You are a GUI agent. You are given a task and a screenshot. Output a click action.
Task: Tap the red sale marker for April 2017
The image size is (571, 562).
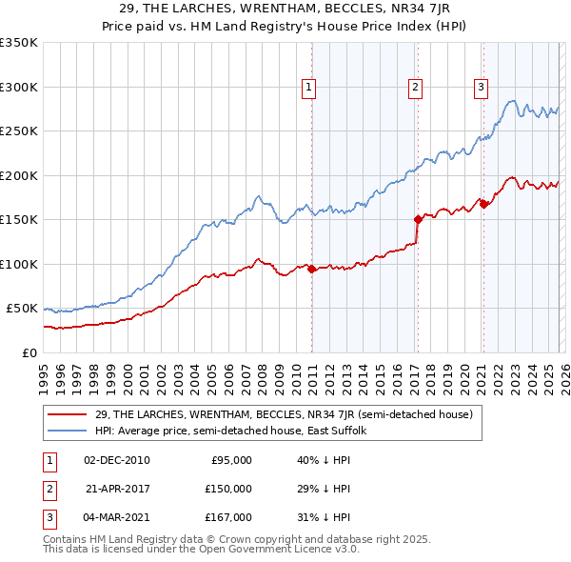coord(417,219)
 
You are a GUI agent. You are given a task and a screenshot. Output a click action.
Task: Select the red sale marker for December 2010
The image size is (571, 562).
coord(311,269)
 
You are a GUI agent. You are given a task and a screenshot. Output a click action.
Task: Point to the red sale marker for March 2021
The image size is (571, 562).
coord(482,204)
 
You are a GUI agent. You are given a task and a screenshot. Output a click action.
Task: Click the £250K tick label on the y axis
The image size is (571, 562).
coord(20,131)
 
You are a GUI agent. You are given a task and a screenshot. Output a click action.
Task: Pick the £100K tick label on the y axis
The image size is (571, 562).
coord(20,264)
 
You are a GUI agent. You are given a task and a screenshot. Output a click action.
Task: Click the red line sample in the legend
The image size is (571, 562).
coord(68,414)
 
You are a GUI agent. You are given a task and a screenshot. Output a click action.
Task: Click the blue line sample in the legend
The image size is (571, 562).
coord(68,431)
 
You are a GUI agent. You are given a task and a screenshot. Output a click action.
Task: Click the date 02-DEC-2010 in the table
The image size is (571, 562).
coord(117,460)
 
